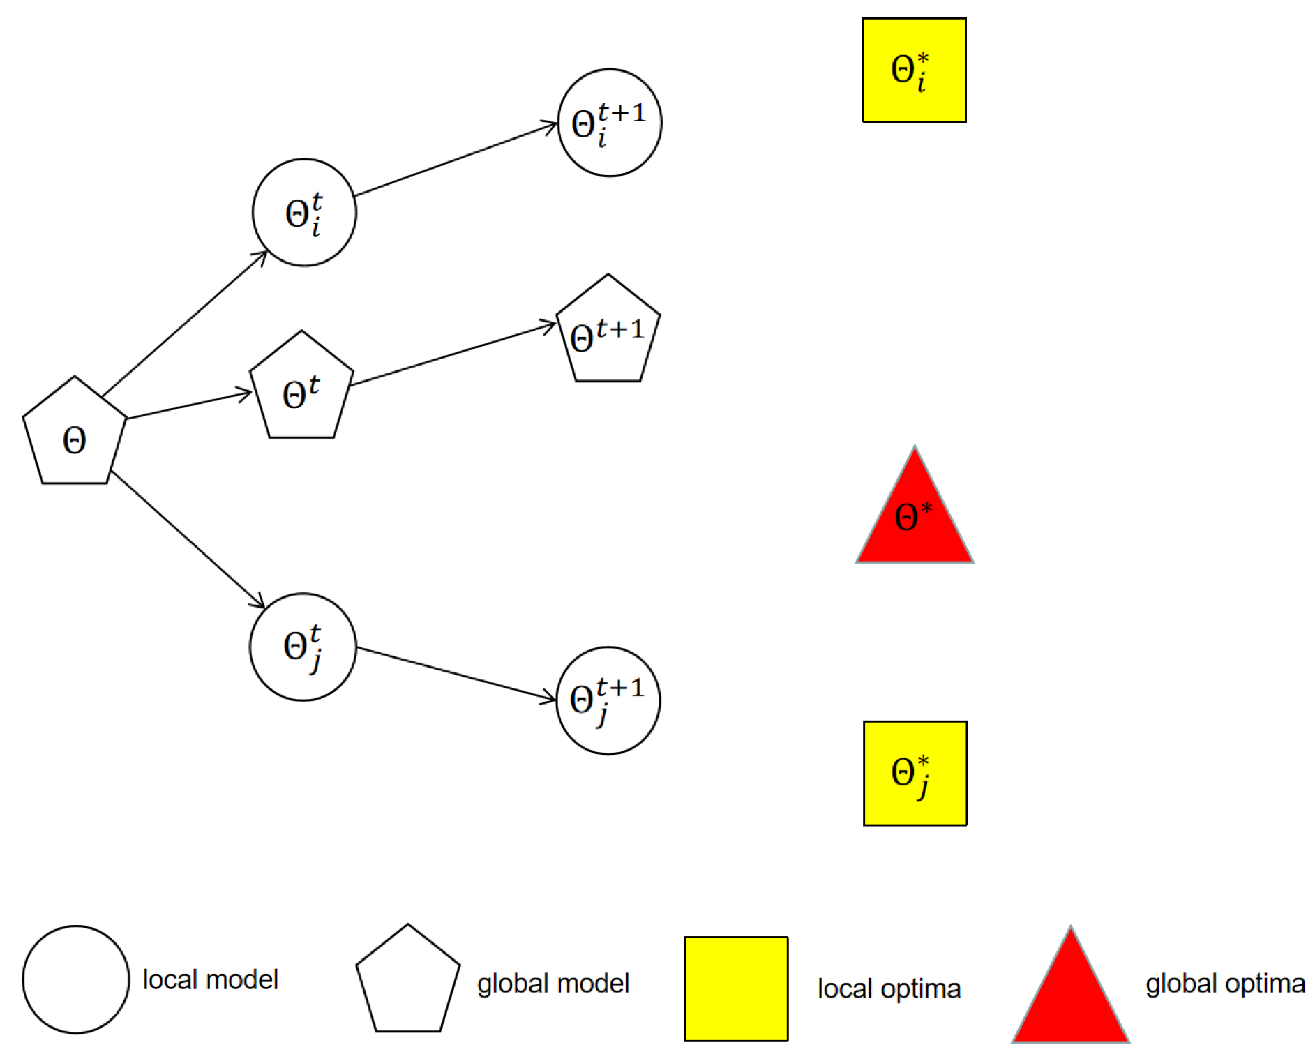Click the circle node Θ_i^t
coord(304,212)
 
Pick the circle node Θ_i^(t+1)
coord(609,123)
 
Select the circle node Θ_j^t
coord(303,647)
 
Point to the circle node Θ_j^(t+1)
coord(608,700)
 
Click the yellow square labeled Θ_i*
coord(914,70)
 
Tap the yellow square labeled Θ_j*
coord(915,773)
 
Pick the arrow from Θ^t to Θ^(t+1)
coord(453,354)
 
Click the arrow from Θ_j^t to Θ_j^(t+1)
coord(457,674)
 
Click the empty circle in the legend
coord(75,979)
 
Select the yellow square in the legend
coord(736,988)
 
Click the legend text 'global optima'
coord(1225,984)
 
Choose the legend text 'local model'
coord(210,979)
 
